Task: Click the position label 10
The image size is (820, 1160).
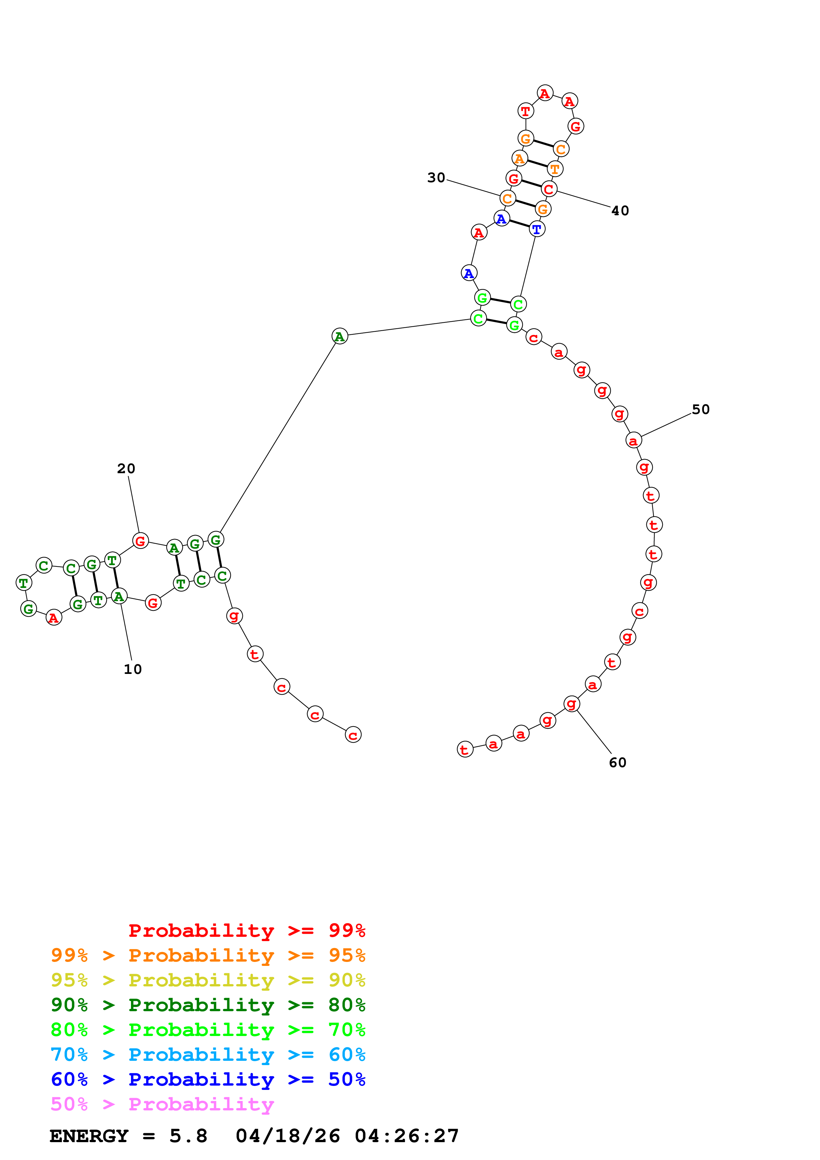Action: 133,669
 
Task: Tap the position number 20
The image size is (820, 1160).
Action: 126,469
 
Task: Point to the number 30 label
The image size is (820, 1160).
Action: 436,178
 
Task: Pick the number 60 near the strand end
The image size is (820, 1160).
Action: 618,763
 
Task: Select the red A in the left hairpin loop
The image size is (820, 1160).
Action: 54,618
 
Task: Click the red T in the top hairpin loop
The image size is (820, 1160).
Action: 526,111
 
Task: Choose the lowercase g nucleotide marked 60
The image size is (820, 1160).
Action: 572,703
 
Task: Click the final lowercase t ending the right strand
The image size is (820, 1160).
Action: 465,750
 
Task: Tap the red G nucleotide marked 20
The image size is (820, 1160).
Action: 141,541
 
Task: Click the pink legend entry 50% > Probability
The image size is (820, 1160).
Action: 162,1104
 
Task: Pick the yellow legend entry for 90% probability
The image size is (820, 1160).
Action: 208,980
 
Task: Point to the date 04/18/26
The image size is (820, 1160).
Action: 287,1136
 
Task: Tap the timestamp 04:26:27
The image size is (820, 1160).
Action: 407,1136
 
